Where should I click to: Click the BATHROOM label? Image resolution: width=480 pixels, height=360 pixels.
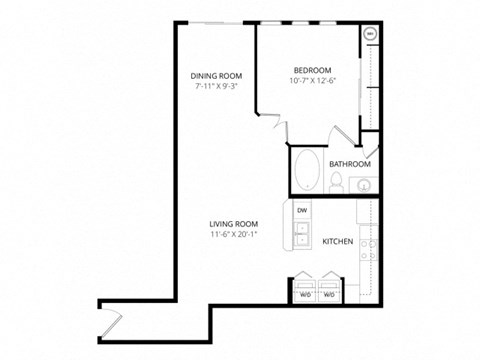pyautogui.click(x=350, y=163)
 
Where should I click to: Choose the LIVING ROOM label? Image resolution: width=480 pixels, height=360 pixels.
pyautogui.click(x=234, y=223)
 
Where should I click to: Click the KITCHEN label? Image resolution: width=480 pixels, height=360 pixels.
pyautogui.click(x=337, y=241)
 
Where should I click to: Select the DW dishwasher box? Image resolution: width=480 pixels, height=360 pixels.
pyautogui.click(x=301, y=211)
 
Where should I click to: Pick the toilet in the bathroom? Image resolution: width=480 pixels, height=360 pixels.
pyautogui.click(x=338, y=183)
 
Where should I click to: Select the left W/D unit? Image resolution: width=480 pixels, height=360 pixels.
pyautogui.click(x=304, y=287)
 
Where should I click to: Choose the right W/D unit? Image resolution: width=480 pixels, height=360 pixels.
pyautogui.click(x=329, y=287)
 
